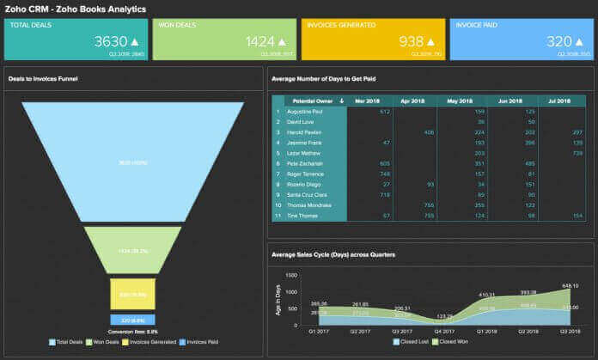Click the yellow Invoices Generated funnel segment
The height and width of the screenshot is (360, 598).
point(132,294)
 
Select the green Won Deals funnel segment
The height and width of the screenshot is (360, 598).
point(132,249)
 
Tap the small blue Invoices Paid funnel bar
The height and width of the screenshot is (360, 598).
point(132,320)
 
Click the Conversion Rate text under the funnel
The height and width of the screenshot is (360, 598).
point(132,331)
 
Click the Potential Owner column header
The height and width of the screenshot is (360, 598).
point(309,101)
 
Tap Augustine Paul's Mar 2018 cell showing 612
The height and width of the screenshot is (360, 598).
point(384,112)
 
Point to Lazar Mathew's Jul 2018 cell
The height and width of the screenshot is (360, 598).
point(566,152)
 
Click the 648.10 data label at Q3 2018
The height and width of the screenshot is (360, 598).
point(570,286)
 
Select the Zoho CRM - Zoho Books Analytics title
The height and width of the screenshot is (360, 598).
point(76,9)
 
